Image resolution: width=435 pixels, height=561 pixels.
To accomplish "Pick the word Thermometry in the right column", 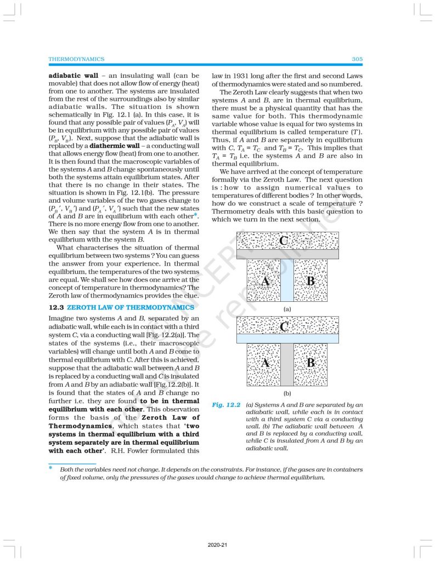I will click(233, 211).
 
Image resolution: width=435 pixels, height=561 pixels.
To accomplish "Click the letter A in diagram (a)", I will click(264, 281).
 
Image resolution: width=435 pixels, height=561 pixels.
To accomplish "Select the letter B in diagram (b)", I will click(311, 363).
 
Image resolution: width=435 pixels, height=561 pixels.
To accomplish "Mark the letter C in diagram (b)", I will click(284, 327).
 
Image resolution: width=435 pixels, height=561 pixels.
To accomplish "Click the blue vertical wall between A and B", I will click(287, 280).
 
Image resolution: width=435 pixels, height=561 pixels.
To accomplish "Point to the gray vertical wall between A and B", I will click(287, 364).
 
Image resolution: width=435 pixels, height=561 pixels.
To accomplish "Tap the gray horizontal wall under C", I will click(287, 254).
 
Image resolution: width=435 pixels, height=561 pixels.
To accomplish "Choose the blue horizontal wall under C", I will click(287, 339).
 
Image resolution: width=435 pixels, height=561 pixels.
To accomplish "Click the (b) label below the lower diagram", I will click(287, 393).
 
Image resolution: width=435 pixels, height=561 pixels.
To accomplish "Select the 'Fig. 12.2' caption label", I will click(227, 405).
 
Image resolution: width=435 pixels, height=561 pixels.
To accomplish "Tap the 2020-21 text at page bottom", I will click(218, 545).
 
